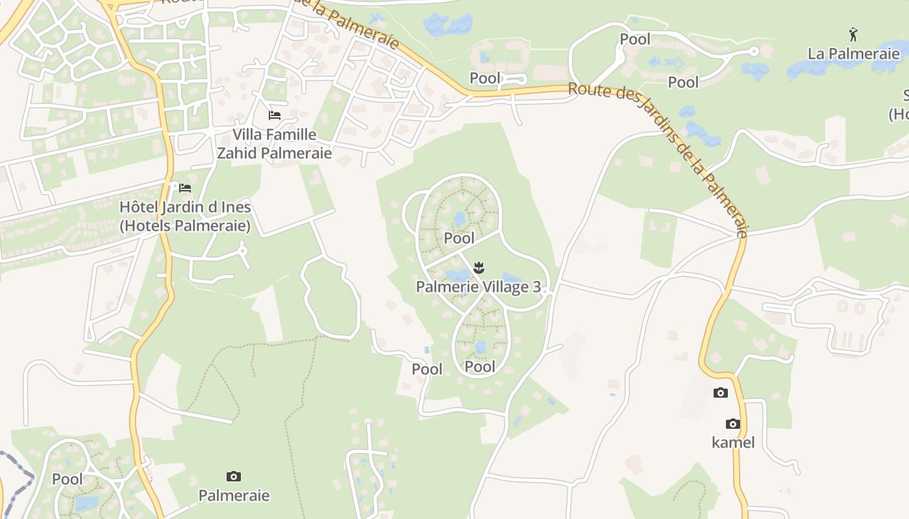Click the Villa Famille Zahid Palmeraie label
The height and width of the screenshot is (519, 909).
point(274,144)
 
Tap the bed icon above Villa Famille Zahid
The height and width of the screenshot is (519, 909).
point(275,115)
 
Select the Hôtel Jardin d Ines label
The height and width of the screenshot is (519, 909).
point(185,217)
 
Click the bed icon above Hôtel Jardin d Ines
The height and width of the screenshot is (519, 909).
point(185,188)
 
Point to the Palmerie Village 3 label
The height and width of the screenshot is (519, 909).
point(479,287)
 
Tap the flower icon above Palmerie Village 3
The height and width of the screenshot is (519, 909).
point(479,267)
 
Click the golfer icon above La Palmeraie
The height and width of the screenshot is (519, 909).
point(853,34)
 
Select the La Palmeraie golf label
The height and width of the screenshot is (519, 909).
point(853,53)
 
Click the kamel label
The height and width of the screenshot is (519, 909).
point(733,442)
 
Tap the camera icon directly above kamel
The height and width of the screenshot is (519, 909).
point(733,424)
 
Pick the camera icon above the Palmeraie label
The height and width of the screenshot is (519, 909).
point(234,477)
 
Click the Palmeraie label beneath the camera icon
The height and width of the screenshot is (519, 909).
point(234,496)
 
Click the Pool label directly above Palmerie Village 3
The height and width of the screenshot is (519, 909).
point(459,238)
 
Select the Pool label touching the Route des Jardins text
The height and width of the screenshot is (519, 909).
point(485,78)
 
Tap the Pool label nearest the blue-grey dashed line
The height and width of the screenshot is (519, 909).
point(68,479)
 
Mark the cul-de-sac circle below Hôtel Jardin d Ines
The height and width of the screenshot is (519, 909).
point(243,249)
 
